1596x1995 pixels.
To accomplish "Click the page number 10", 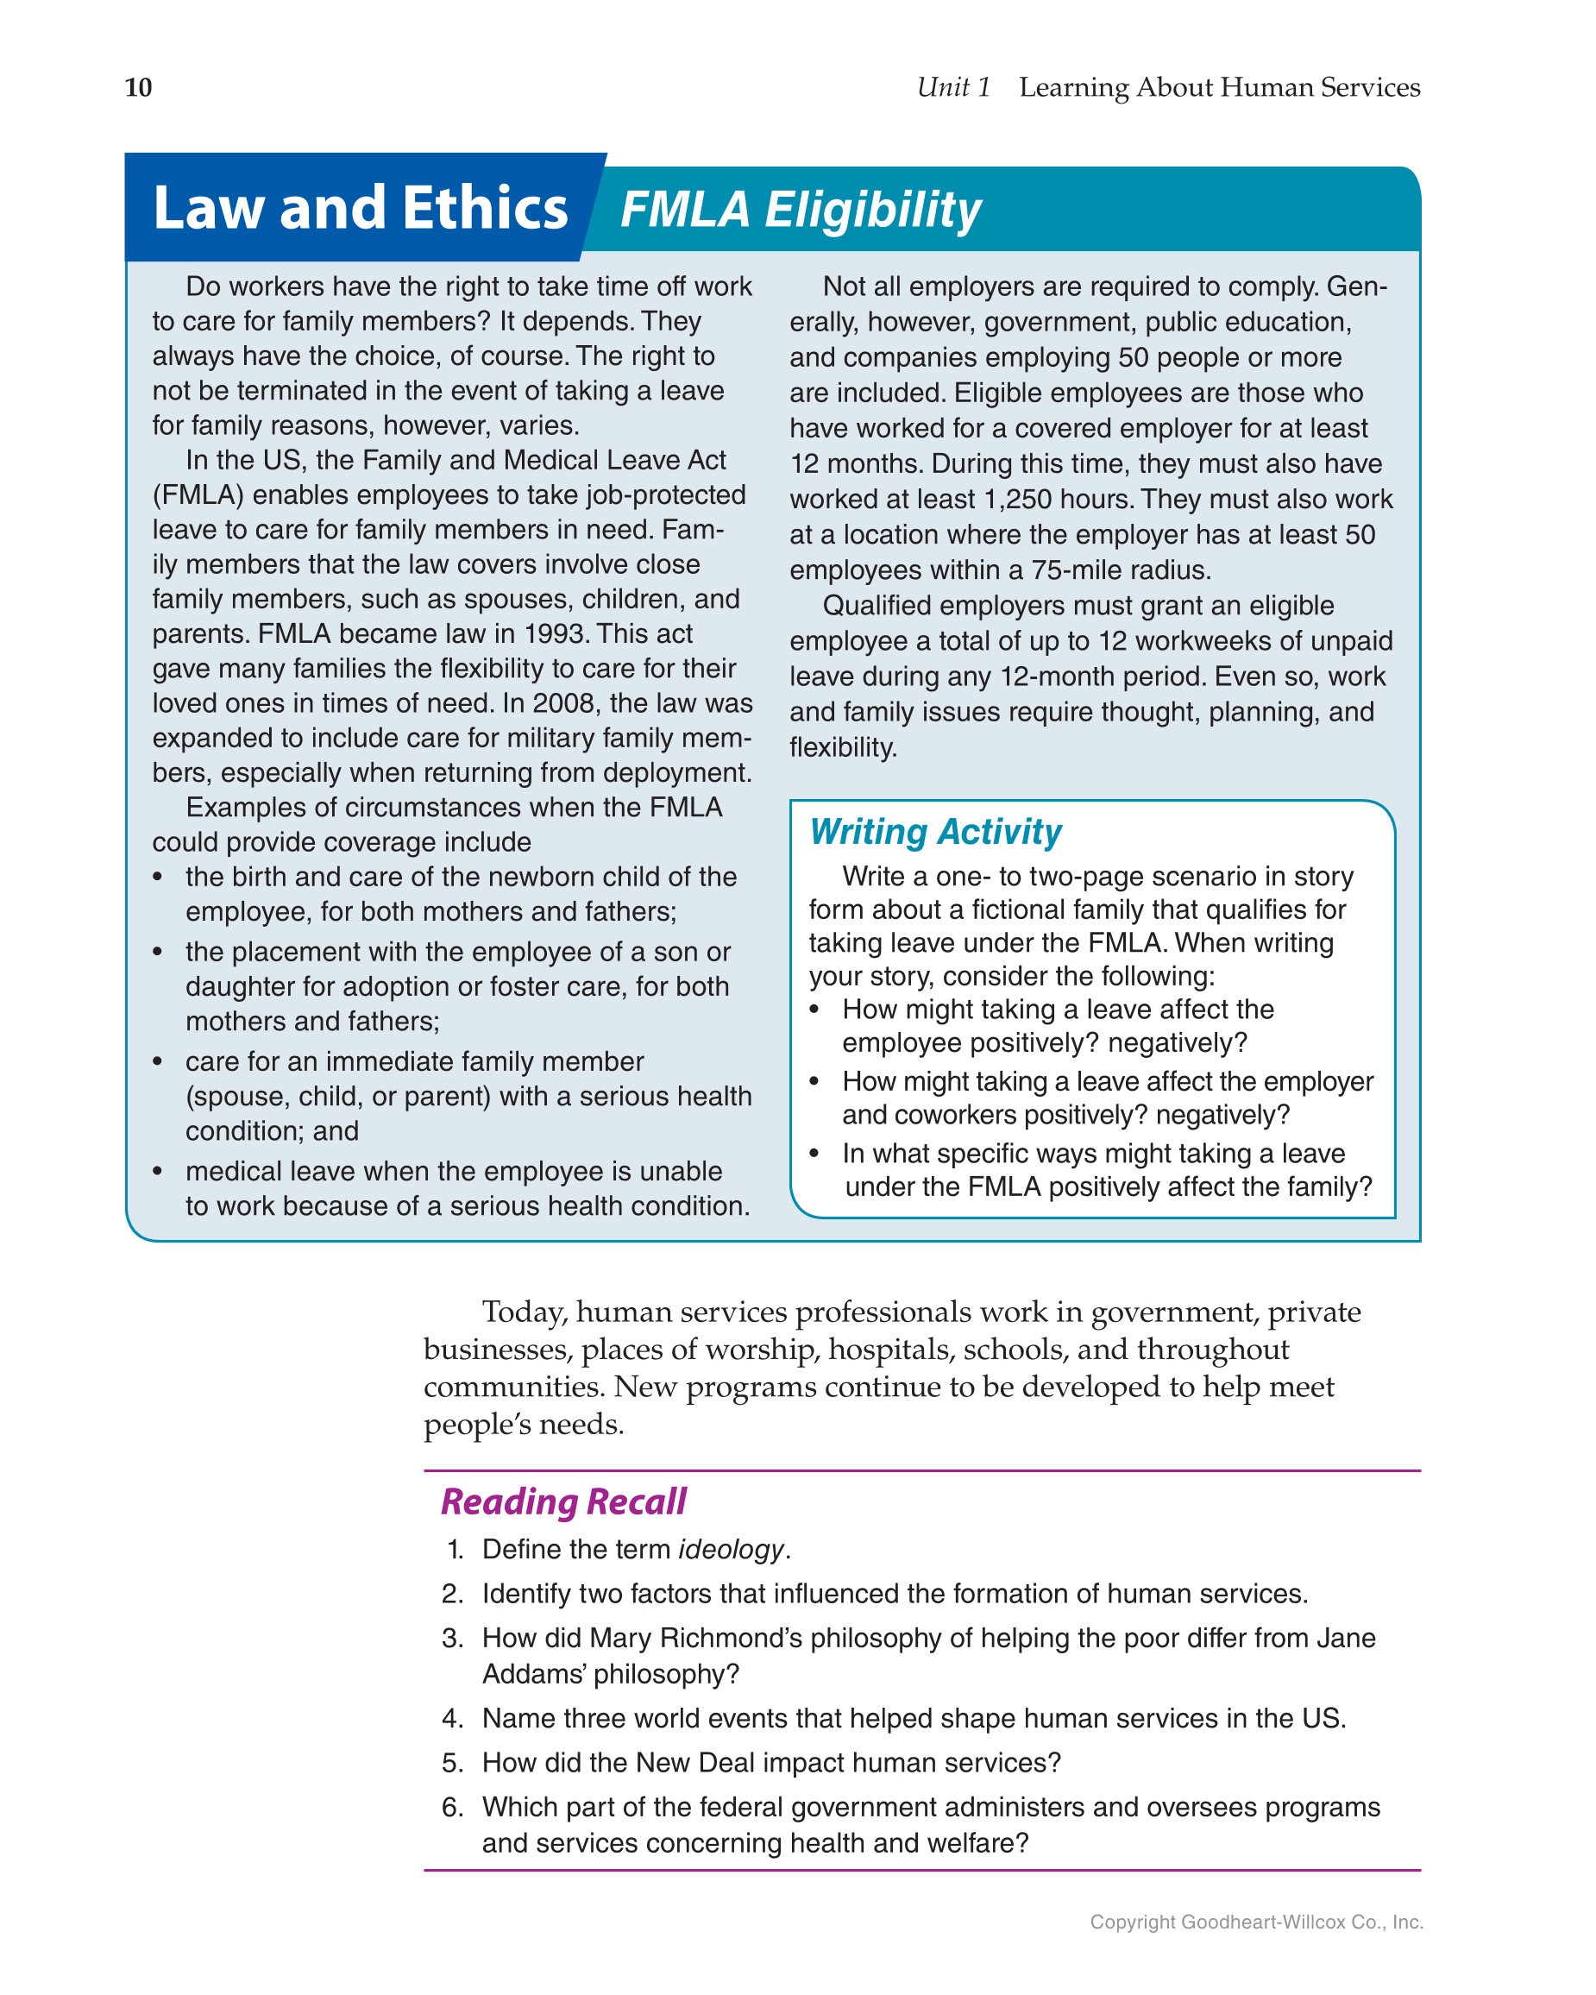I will [x=138, y=87].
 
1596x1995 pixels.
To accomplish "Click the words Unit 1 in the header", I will [x=953, y=87].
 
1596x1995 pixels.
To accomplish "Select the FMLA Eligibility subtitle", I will [x=801, y=209].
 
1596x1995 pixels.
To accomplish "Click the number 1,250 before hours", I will [x=1019, y=500].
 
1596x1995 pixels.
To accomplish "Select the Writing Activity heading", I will [x=934, y=831].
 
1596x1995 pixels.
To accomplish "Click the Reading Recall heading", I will [x=563, y=1501].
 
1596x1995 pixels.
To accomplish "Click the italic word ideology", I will [x=731, y=1550].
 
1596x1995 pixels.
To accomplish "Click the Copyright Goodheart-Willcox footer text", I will [x=1255, y=1922].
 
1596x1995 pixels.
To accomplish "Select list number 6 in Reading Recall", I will [x=451, y=1807].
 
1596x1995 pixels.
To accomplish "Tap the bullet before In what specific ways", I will [x=814, y=1154].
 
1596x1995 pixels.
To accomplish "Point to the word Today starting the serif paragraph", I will [x=524, y=1312].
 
